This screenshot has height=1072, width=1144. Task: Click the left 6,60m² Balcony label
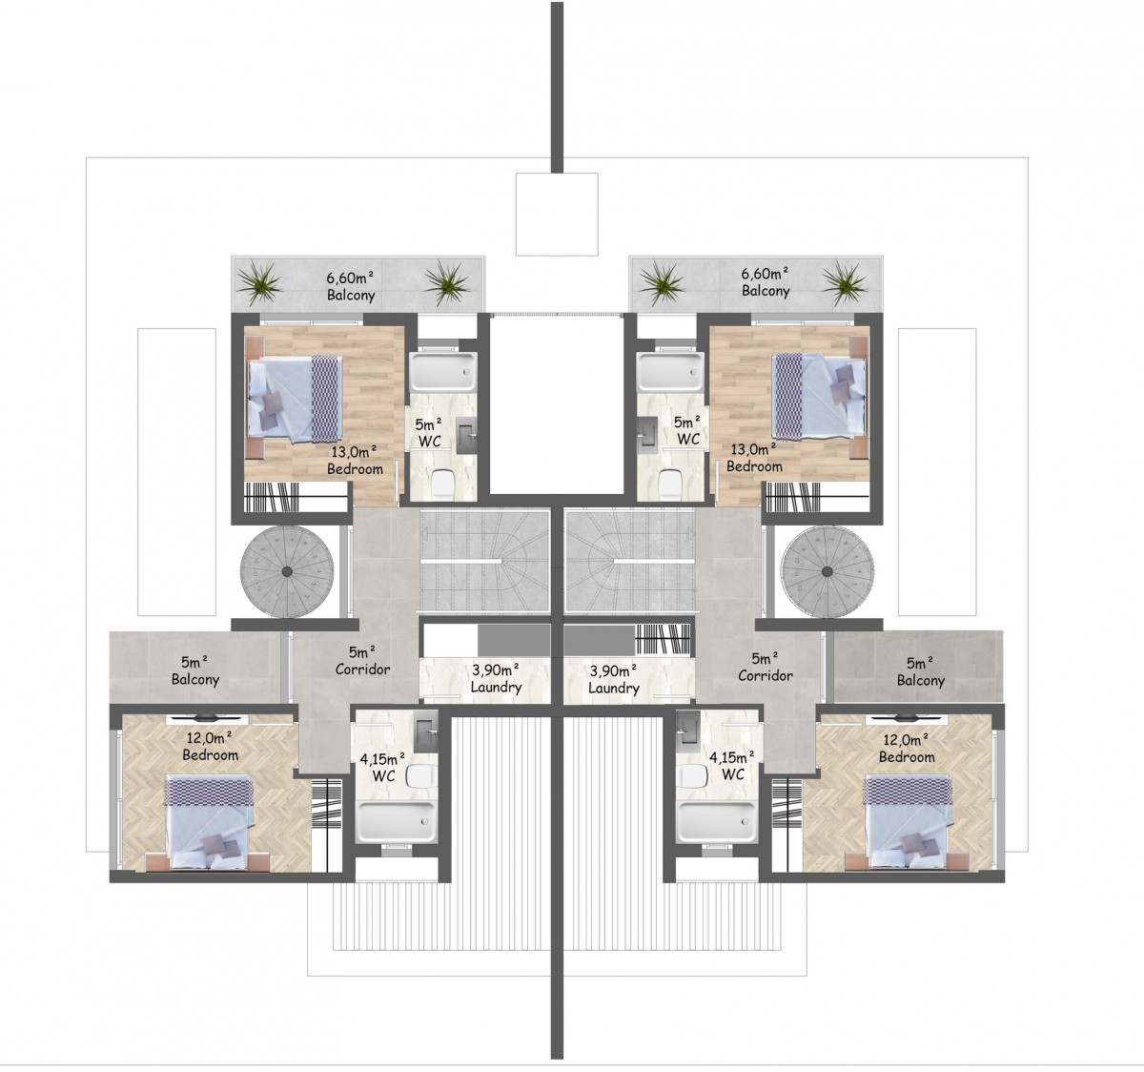tap(351, 286)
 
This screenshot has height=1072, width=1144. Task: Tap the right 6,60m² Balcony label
tap(765, 281)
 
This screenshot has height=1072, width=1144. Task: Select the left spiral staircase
tap(287, 571)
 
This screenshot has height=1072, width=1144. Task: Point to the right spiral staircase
tap(827, 571)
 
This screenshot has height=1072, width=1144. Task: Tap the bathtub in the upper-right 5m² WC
tap(670, 372)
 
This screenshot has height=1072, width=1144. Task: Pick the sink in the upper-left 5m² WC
tap(466, 435)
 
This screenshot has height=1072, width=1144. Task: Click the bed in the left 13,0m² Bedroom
tap(296, 399)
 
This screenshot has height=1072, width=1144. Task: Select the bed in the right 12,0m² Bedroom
tap(907, 820)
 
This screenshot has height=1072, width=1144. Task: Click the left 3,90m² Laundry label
tap(496, 678)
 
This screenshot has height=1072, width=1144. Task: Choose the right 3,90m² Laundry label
tap(614, 679)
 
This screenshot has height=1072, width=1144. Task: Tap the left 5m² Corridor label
tap(362, 661)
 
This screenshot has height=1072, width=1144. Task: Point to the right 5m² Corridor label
tap(766, 667)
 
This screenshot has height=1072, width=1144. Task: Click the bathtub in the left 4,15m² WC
tap(396, 821)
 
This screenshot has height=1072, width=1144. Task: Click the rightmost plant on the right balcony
tap(845, 282)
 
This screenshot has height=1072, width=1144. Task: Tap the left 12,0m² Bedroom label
tap(210, 746)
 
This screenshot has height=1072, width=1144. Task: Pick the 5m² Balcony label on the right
tap(921, 672)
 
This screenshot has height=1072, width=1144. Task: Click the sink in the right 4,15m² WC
tap(686, 728)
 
